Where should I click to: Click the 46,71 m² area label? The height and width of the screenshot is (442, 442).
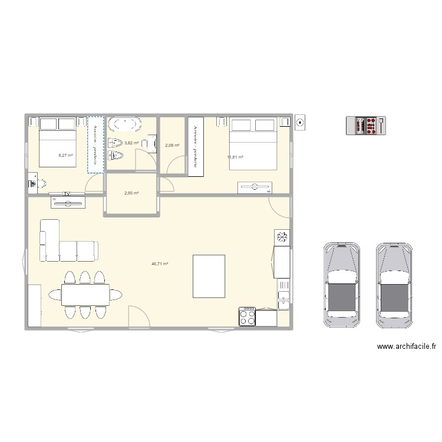click(x=160, y=265)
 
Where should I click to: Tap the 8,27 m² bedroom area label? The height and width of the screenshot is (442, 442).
click(x=65, y=156)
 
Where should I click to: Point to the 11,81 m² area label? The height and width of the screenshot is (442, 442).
click(x=235, y=157)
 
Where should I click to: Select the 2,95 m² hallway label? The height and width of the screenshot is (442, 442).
click(x=131, y=193)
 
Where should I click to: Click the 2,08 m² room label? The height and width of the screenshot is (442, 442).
click(x=172, y=146)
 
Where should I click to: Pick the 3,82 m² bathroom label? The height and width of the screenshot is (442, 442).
click(x=131, y=143)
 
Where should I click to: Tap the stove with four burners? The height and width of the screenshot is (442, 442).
click(x=247, y=317)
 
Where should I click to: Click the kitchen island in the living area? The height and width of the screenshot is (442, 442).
click(x=209, y=276)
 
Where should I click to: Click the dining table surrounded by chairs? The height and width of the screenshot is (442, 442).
click(x=85, y=295)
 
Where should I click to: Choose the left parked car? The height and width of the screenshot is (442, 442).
click(x=341, y=284)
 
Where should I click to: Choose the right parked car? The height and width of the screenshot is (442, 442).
click(x=395, y=284)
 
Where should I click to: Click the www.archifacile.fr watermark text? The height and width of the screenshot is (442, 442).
click(x=406, y=347)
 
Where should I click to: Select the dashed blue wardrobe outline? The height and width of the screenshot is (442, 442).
click(x=95, y=144)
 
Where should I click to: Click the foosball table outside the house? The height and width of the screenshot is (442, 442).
click(x=367, y=125)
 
